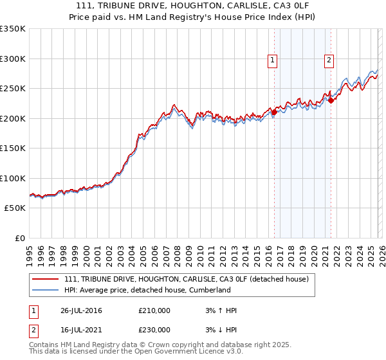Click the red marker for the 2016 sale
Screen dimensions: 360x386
pyautogui.click(x=274, y=113)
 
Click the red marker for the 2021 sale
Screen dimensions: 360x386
pyautogui.click(x=331, y=100)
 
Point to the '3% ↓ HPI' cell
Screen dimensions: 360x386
pyautogui.click(x=219, y=329)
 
